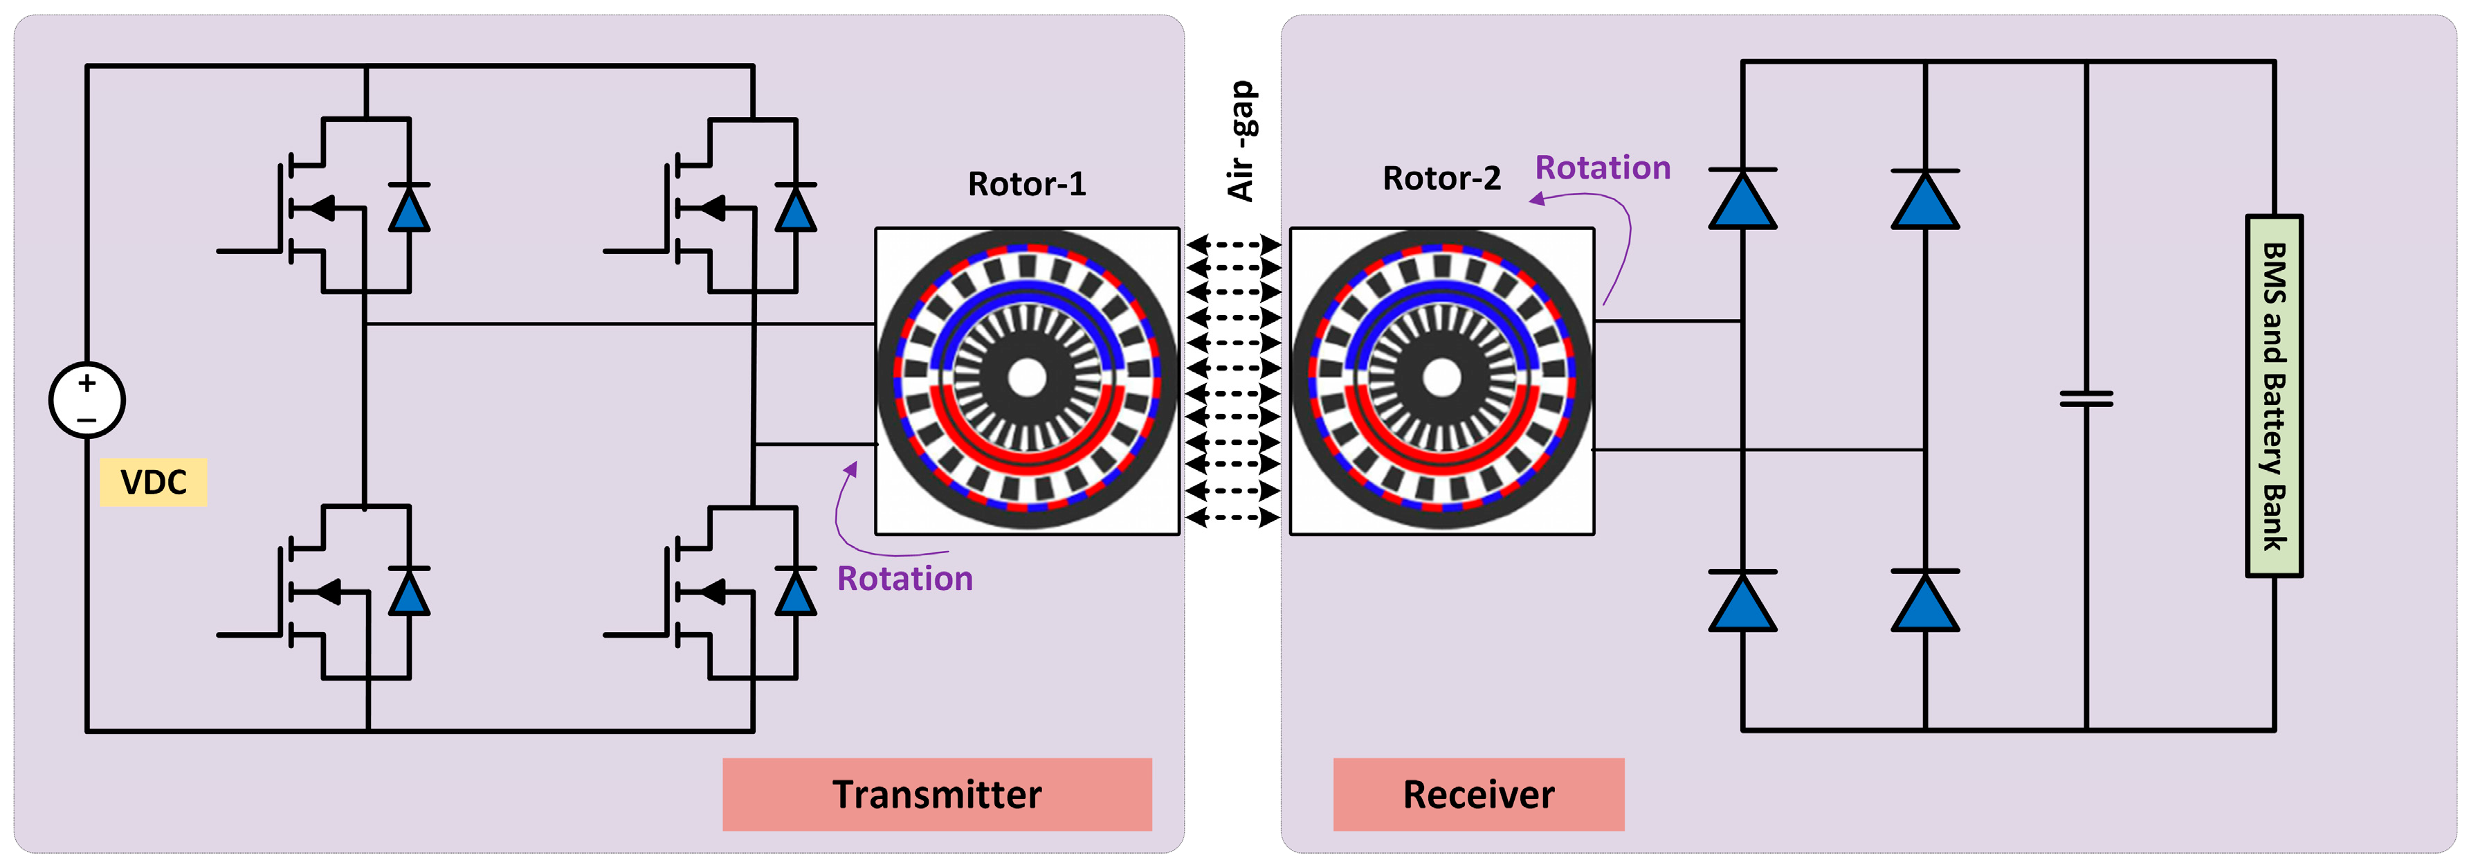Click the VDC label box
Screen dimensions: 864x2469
[154, 481]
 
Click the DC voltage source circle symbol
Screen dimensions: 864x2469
[86, 400]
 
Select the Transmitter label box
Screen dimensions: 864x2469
[936, 794]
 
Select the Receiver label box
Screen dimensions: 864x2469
[1478, 794]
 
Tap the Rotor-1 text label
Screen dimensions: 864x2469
[1026, 183]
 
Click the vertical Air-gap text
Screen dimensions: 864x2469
[1241, 141]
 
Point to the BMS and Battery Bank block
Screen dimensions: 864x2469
[2273, 396]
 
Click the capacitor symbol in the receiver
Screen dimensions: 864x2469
[2086, 398]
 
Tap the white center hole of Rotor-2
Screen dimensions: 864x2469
[1441, 377]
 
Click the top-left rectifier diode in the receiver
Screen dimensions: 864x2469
[1742, 199]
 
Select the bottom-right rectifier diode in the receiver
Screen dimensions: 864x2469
[1924, 601]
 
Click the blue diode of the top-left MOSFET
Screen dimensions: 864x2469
[409, 208]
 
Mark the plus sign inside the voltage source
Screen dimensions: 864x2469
[87, 383]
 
